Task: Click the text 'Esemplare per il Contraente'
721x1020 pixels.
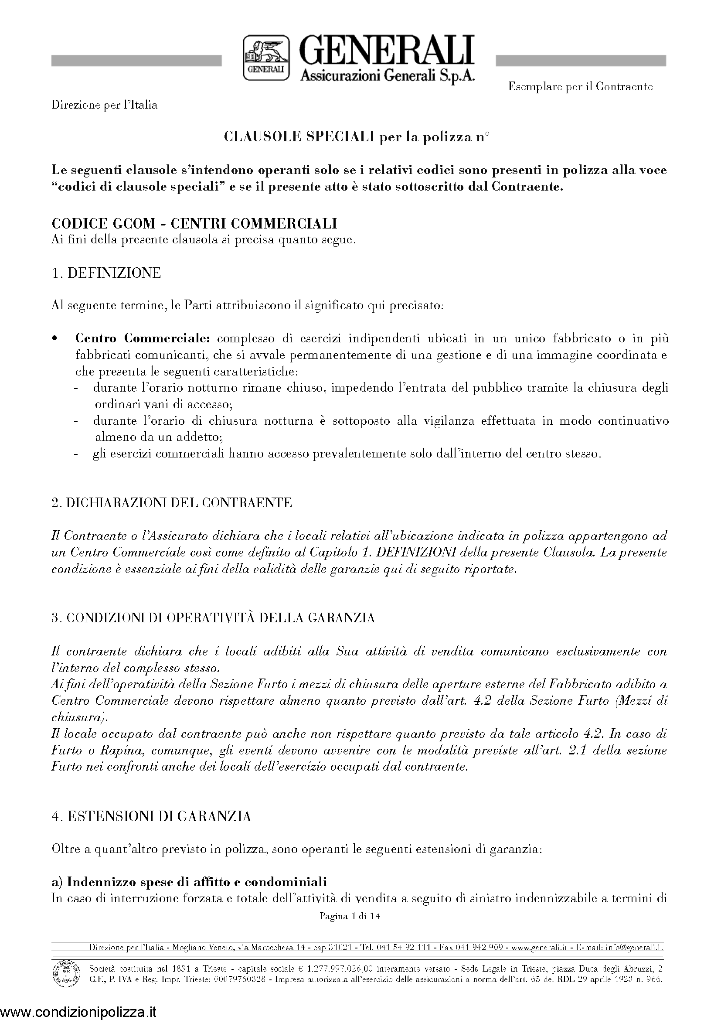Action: coord(580,87)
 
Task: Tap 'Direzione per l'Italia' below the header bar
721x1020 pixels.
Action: coord(104,105)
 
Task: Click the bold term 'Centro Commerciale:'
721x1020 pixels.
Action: coord(142,338)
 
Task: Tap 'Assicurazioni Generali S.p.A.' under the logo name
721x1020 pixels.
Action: coord(388,76)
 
